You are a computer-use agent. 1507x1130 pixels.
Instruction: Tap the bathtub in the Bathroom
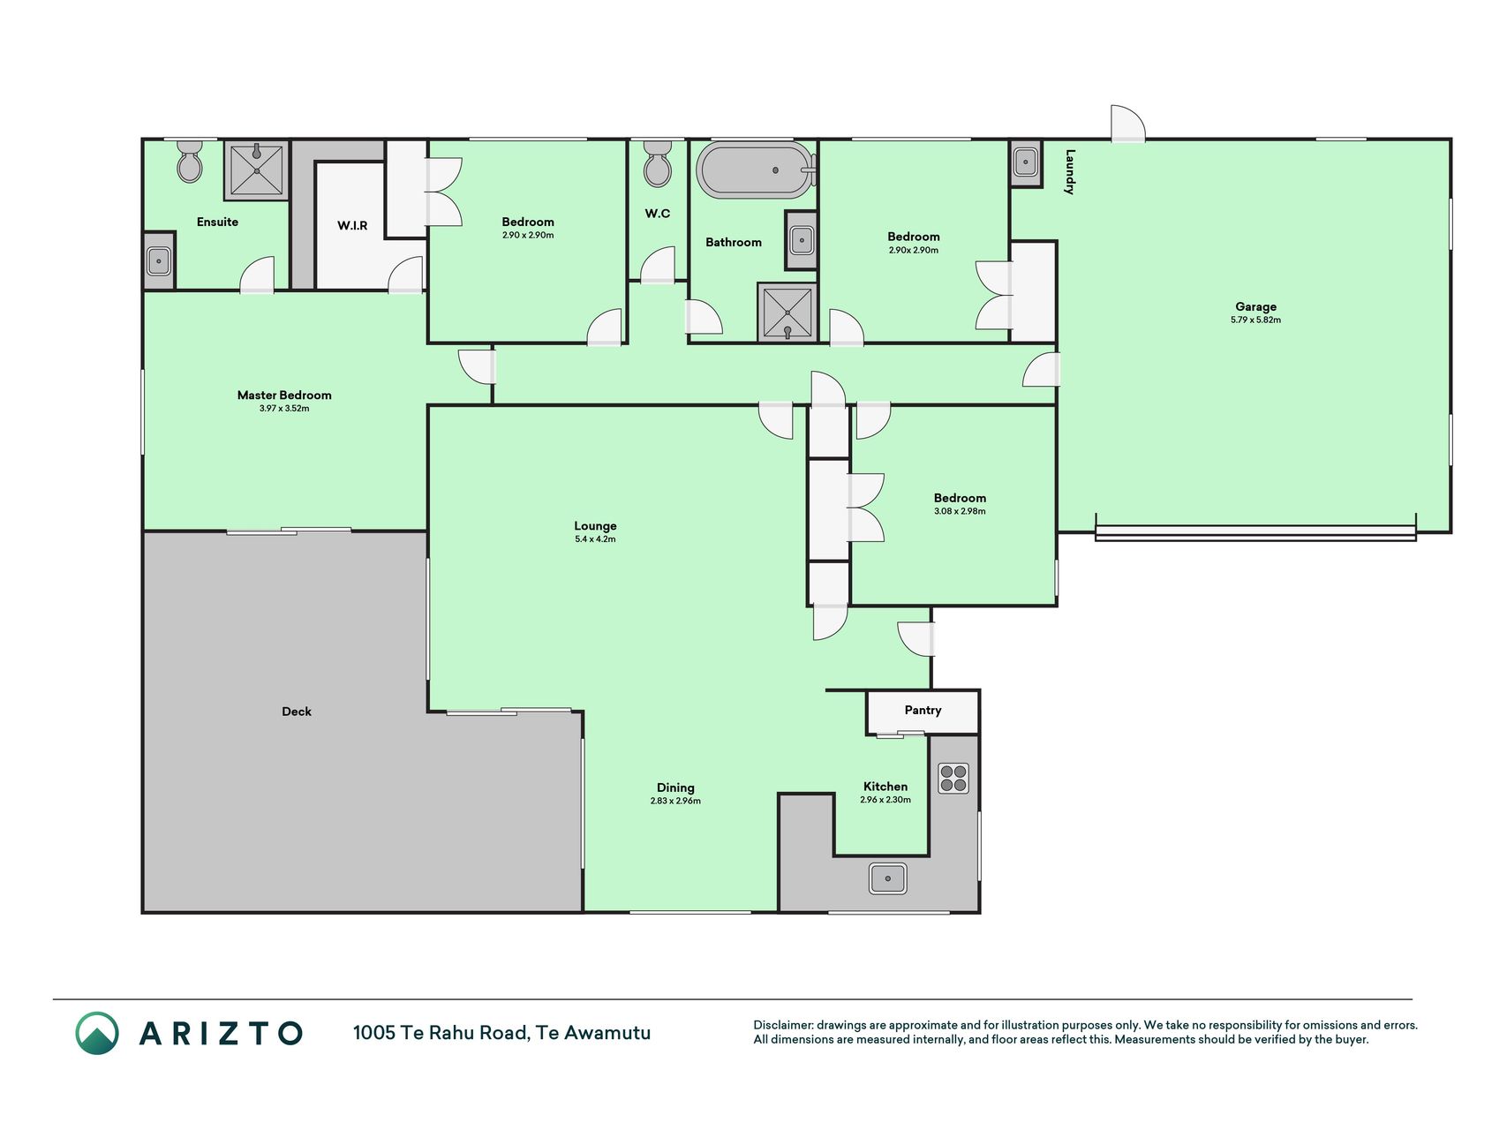click(756, 169)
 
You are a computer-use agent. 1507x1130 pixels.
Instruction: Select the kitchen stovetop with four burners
click(953, 778)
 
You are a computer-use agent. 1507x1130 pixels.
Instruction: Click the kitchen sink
click(887, 878)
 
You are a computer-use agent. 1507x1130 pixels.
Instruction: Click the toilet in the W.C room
click(658, 163)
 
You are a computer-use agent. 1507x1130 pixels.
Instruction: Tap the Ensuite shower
click(256, 170)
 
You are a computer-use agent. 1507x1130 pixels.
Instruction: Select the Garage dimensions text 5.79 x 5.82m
click(1255, 320)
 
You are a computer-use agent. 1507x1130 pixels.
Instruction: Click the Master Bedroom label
click(284, 395)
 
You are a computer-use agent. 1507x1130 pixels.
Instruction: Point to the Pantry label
click(923, 710)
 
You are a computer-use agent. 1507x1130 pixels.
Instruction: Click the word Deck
click(297, 712)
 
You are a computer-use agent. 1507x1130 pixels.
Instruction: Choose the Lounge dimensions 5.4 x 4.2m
click(595, 539)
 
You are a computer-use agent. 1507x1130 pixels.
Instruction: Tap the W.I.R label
click(352, 225)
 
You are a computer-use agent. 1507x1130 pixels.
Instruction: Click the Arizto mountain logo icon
click(97, 1033)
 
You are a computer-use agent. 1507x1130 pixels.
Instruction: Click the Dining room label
click(675, 787)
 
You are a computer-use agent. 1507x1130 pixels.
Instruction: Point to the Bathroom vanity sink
click(802, 239)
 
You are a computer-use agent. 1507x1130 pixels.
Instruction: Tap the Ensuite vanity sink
click(159, 260)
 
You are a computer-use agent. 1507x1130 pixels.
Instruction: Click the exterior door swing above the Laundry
click(1128, 124)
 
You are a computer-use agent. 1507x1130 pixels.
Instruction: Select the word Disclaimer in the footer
click(783, 1025)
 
